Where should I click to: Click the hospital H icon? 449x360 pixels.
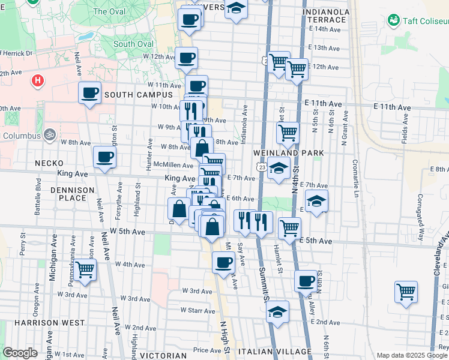(x=38, y=80)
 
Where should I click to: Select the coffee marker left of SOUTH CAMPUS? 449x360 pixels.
(x=89, y=93)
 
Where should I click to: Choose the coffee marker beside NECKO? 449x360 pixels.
(x=104, y=157)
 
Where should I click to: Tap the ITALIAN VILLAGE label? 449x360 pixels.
(x=275, y=352)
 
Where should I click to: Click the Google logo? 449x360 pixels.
(x=20, y=353)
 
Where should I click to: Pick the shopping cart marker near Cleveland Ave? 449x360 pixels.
(x=406, y=292)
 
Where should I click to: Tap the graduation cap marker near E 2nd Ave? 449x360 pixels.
(x=277, y=311)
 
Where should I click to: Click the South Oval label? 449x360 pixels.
(x=133, y=44)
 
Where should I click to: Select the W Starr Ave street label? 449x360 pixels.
(x=198, y=310)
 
